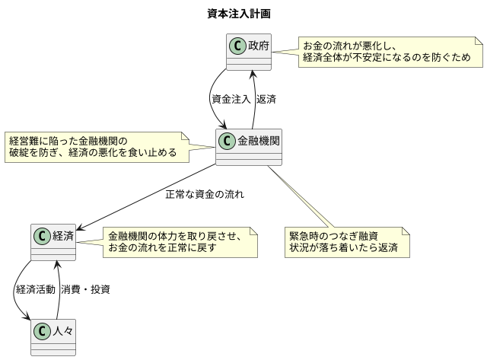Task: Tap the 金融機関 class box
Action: point(250,147)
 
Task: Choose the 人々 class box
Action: point(53,337)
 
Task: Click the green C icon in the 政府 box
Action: point(238,46)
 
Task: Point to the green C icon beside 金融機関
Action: point(228,141)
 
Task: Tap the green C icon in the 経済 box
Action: point(43,236)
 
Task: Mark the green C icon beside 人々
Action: point(43,331)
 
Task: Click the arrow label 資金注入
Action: point(231,99)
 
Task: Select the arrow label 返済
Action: point(266,99)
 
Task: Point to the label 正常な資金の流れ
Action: point(205,194)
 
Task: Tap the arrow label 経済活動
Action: point(35,289)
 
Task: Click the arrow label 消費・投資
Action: point(85,289)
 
